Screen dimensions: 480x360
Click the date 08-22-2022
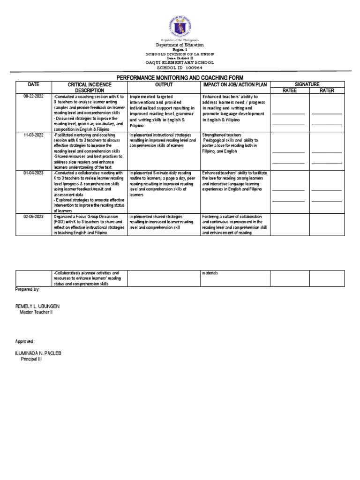(x=33, y=97)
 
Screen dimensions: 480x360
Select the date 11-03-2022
(x=33, y=135)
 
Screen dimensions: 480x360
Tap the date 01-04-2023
(x=33, y=173)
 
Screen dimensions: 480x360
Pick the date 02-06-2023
(x=33, y=216)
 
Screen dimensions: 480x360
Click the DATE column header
(x=33, y=84)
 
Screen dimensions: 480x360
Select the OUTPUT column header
(x=164, y=84)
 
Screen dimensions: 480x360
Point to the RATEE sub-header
(x=289, y=90)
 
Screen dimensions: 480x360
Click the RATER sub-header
(x=327, y=90)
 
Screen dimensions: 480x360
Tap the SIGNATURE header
(x=307, y=84)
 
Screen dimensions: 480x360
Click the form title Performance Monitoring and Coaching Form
(x=180, y=77)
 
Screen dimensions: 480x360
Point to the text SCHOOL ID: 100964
(x=180, y=67)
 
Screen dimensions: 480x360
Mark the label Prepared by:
(x=27, y=290)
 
